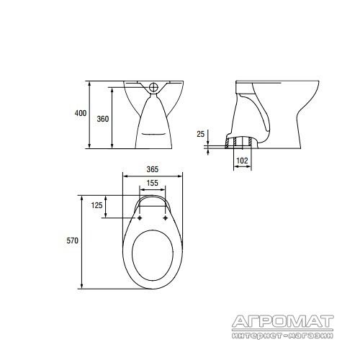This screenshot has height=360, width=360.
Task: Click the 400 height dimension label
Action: pyautogui.click(x=81, y=113)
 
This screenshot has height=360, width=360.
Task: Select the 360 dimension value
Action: pyautogui.click(x=103, y=119)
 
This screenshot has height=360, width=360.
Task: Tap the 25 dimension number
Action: pyautogui.click(x=201, y=134)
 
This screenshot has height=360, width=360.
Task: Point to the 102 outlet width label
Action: pyautogui.click(x=242, y=161)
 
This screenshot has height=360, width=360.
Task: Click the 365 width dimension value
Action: pyautogui.click(x=153, y=169)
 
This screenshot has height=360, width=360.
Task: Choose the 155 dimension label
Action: pyautogui.click(x=152, y=183)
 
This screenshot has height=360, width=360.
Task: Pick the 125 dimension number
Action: pyautogui.click(x=96, y=205)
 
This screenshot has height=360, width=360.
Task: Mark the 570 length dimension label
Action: pyautogui.click(x=72, y=240)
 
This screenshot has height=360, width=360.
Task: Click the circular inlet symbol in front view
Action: pyautogui.click(x=153, y=87)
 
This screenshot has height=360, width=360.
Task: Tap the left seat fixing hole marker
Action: pyautogui.click(x=140, y=217)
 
